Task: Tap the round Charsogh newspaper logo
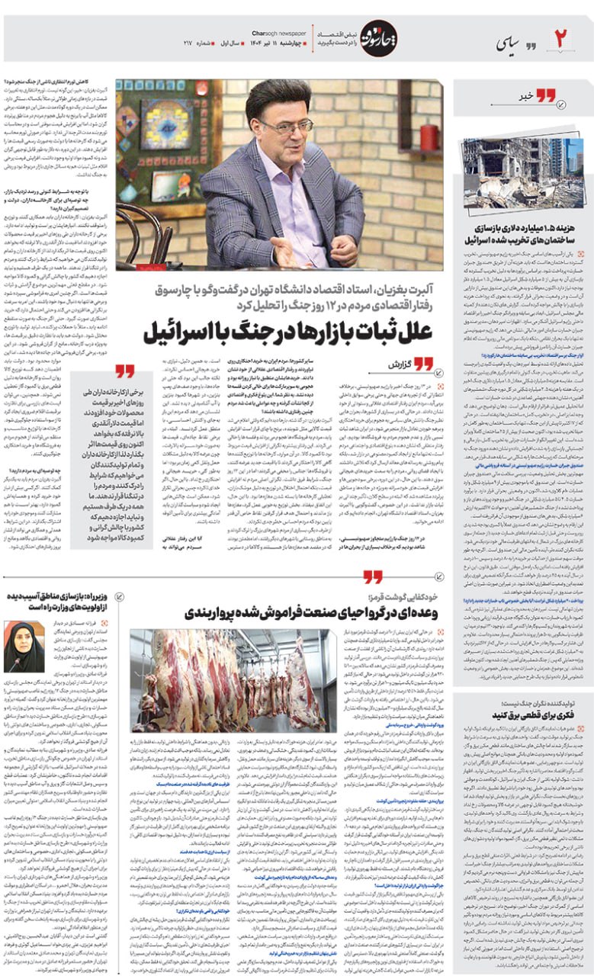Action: click(378, 38)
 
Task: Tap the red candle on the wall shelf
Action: click(429, 136)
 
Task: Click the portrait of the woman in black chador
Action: click(24, 647)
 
